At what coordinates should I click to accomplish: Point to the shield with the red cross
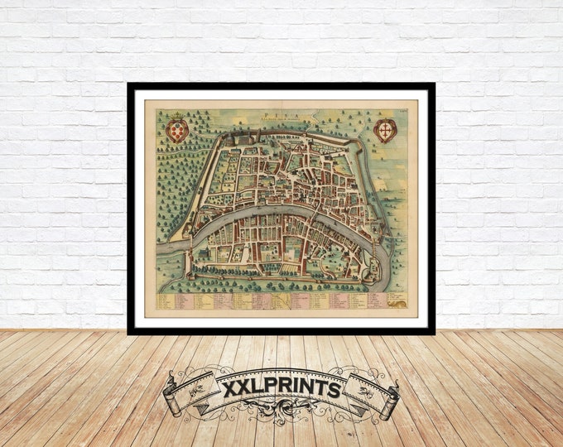pos(384,130)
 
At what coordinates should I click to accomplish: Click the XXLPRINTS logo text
pos(281,387)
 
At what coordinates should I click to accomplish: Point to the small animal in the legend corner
pos(400,305)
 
